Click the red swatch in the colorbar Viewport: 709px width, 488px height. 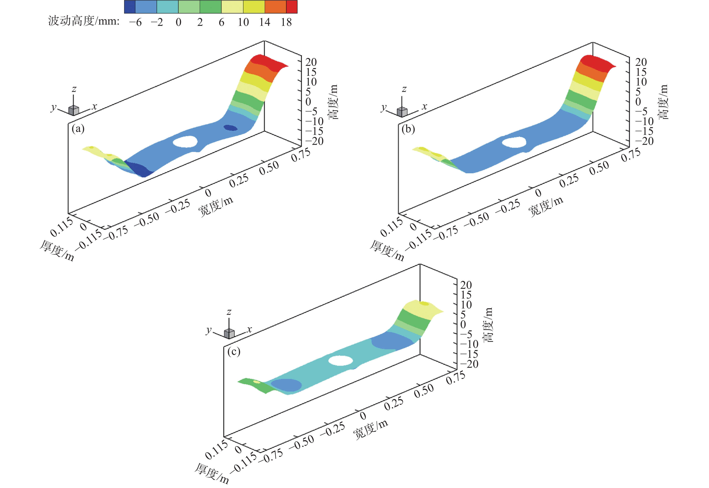click(292, 7)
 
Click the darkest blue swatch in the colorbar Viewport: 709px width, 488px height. click(130, 7)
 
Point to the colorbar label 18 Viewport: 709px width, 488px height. click(286, 22)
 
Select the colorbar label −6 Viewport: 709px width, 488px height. click(135, 22)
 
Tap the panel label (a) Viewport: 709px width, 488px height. click(78, 129)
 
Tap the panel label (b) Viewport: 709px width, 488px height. click(408, 129)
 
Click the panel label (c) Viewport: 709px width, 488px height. click(234, 352)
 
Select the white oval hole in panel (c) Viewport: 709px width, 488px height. click(341, 361)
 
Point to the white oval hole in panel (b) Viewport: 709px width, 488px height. click(514, 142)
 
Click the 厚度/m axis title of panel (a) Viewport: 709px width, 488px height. click(57, 251)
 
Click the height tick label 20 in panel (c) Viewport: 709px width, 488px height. click(466, 285)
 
